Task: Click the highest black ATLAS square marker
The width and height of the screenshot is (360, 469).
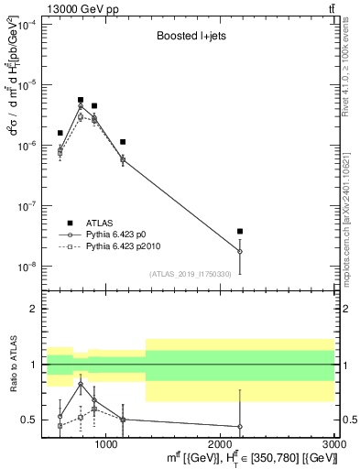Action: pos(81,100)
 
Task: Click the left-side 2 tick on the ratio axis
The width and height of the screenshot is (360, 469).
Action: pos(34,309)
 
